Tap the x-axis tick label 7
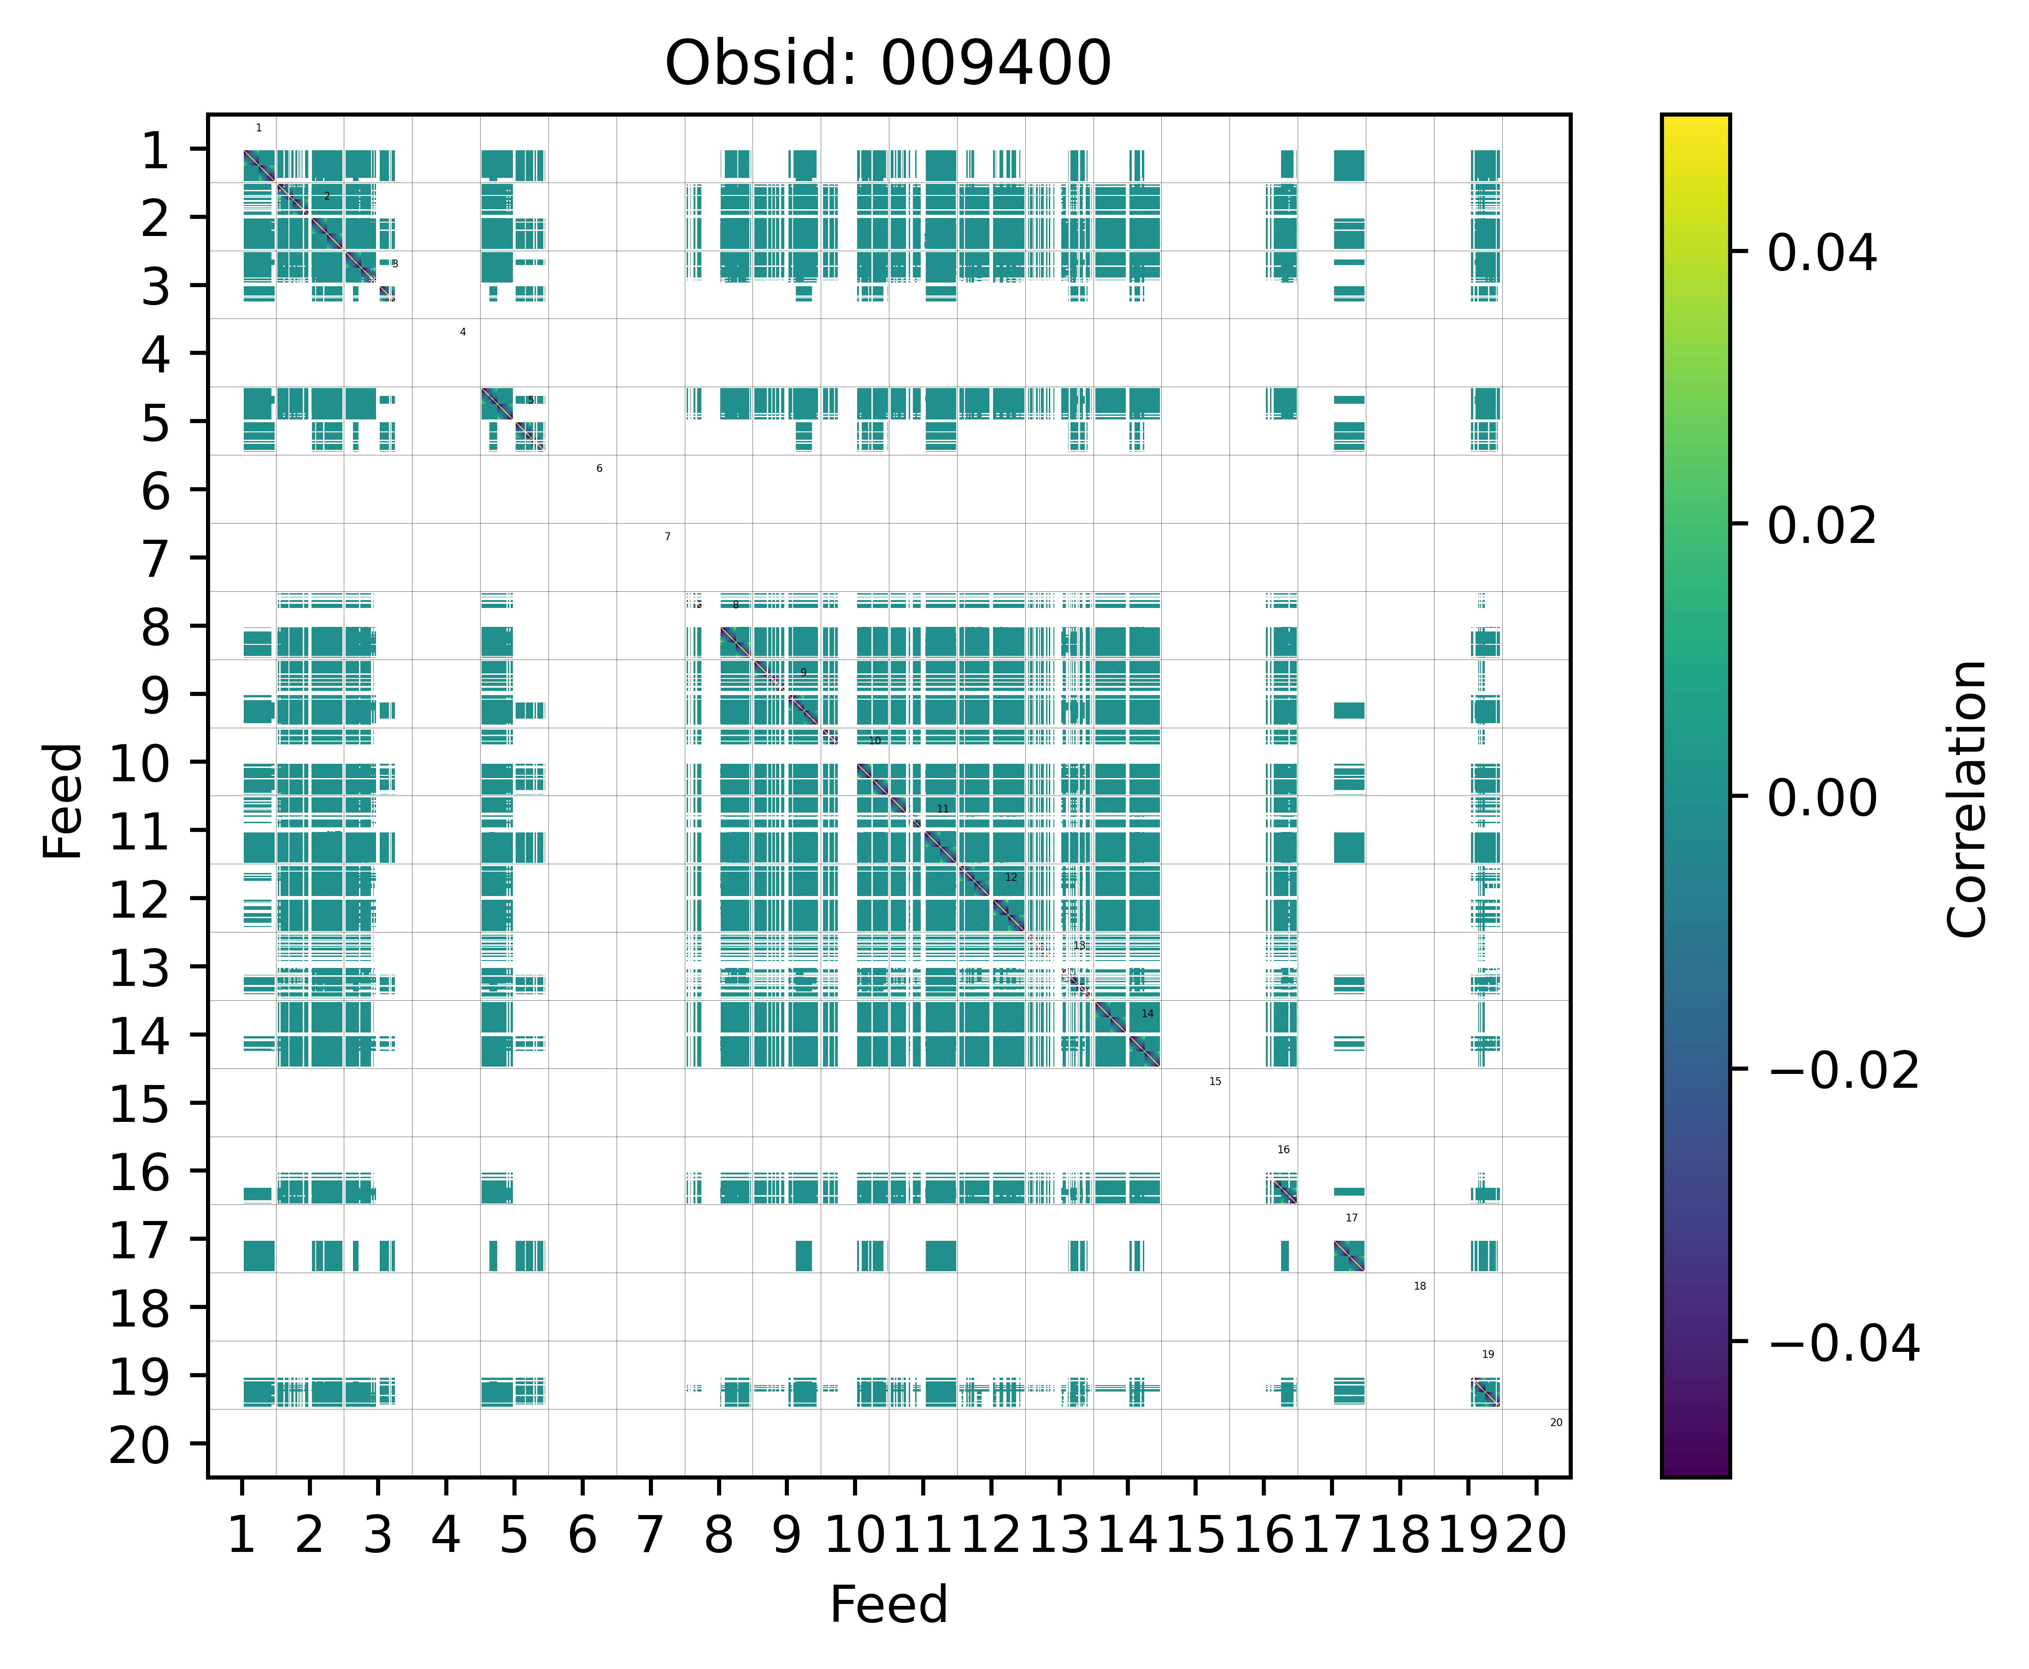(x=651, y=1534)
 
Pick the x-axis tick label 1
(x=241, y=1534)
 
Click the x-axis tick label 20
(x=1536, y=1534)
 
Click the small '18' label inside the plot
(x=1420, y=1286)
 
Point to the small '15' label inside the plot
(x=1215, y=1082)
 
